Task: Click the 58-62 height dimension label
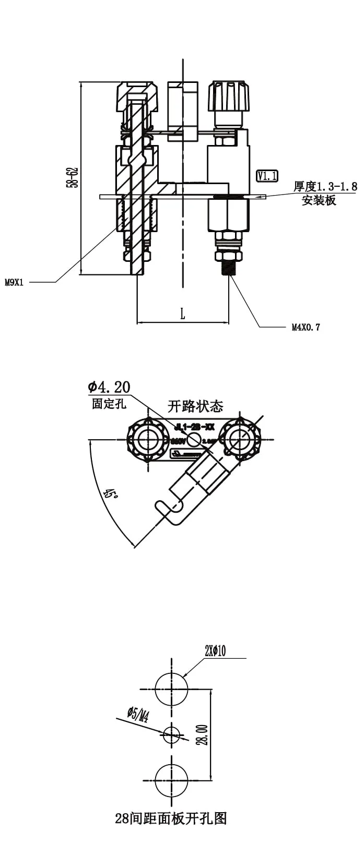[x=72, y=177]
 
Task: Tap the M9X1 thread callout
[x=14, y=283]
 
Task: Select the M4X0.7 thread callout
[x=306, y=328]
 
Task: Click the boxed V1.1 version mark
[x=267, y=176]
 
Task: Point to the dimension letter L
[x=182, y=313]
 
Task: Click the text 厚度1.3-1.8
[x=325, y=187]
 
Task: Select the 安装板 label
[x=319, y=200]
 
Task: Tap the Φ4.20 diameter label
[x=109, y=387]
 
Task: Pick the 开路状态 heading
[x=195, y=406]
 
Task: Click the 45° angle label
[x=110, y=493]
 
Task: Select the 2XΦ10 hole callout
[x=215, y=651]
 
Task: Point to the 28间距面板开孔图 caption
[x=171, y=818]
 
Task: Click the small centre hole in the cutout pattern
[x=171, y=735]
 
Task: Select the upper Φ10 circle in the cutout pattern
[x=171, y=689]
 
